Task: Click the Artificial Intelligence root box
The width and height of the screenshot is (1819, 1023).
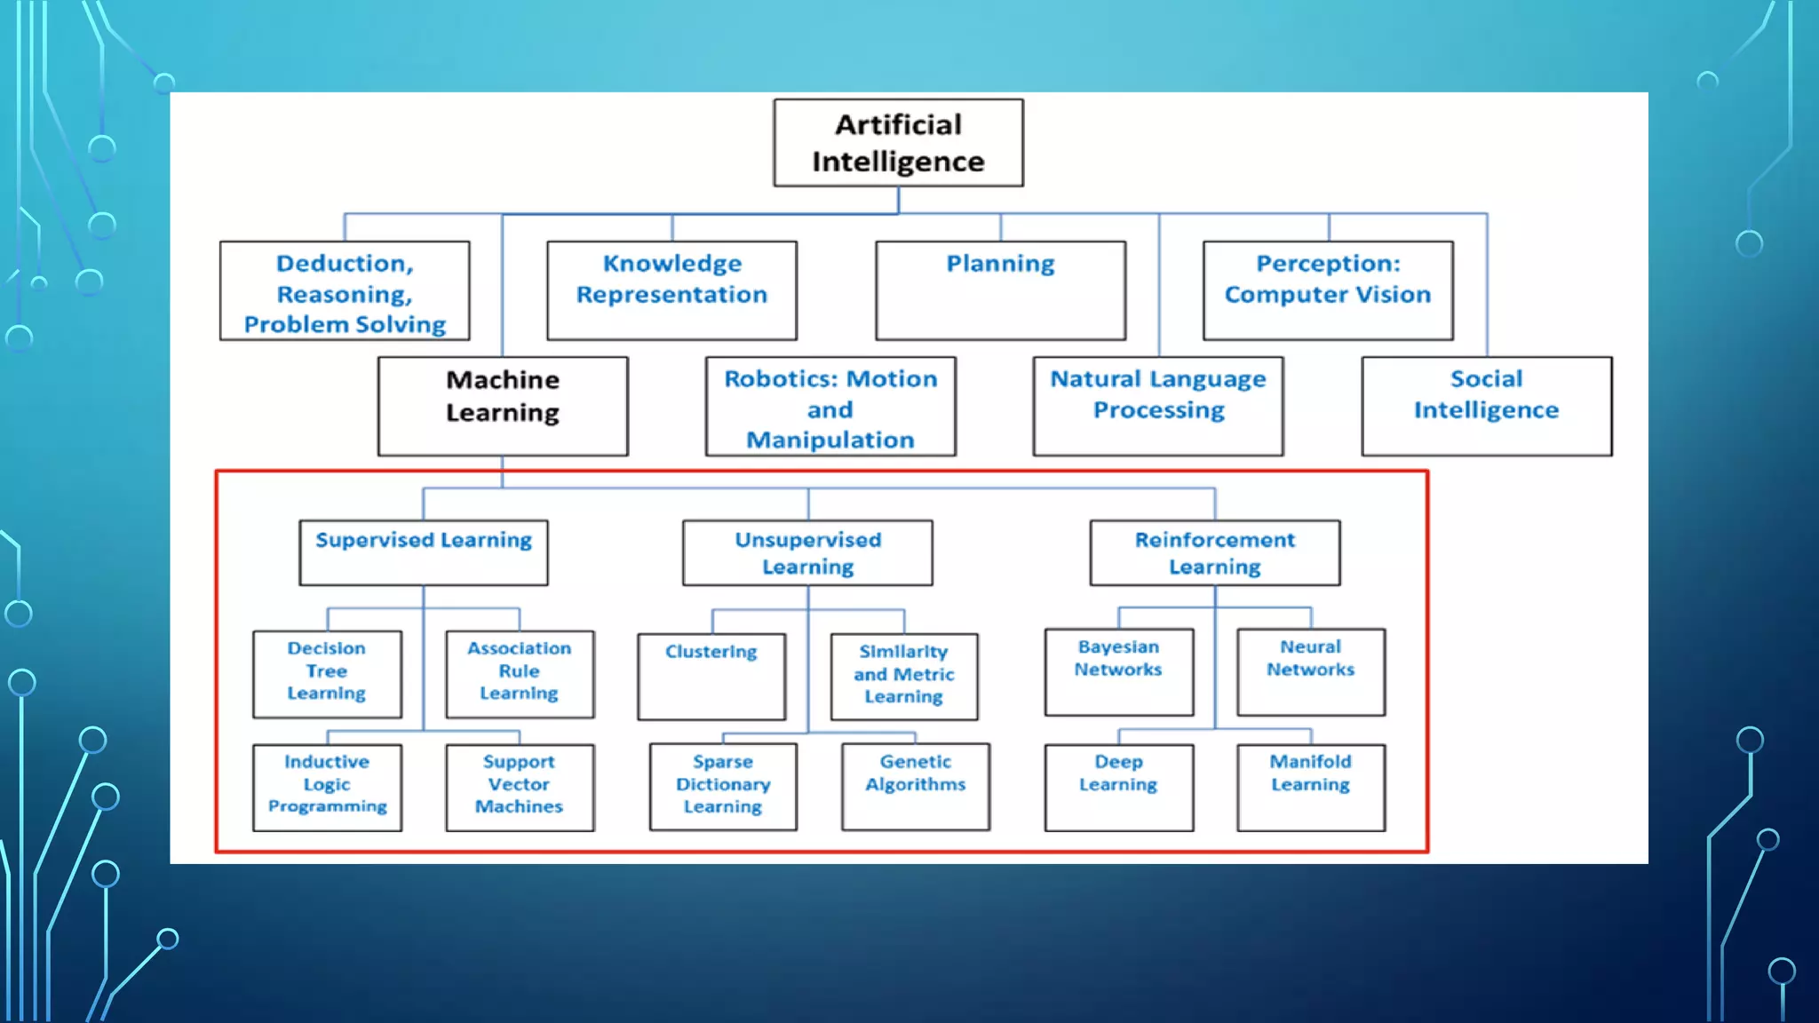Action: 898,143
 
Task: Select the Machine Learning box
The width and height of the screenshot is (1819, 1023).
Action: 503,406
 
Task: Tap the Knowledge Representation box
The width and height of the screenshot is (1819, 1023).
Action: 671,289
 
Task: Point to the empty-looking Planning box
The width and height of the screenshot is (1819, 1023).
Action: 1000,290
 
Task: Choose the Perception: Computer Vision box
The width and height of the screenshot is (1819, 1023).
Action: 1328,289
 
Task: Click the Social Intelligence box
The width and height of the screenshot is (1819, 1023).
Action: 1486,406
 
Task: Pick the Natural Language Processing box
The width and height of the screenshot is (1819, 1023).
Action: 1158,406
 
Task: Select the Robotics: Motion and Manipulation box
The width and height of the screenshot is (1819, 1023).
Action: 830,407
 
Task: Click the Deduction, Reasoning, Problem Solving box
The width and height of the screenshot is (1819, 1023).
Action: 345,290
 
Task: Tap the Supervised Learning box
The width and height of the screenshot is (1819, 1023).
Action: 424,552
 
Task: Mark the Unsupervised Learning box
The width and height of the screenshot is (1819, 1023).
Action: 807,552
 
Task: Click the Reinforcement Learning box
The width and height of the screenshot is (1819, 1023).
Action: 1214,552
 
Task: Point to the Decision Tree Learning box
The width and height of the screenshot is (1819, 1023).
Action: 327,673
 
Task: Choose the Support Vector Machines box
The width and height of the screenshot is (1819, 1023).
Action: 520,787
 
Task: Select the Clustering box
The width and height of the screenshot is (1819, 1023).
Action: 711,676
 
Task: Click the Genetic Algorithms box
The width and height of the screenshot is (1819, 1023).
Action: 916,786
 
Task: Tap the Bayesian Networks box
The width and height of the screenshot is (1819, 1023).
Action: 1118,671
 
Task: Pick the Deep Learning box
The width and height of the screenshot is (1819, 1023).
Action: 1118,787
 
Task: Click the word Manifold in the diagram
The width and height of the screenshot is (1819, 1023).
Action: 1310,762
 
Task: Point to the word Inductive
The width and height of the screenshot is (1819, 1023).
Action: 327,762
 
